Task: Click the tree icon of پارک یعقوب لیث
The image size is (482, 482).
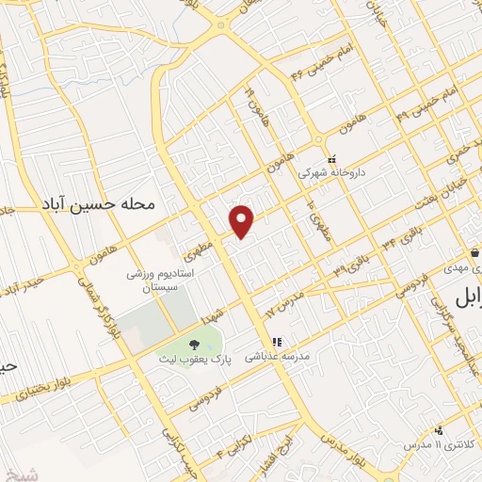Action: pyautogui.click(x=195, y=345)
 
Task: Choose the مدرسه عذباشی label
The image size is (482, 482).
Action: pyautogui.click(x=277, y=358)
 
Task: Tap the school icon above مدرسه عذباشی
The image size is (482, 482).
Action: pyautogui.click(x=277, y=343)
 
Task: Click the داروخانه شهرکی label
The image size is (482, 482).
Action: pyautogui.click(x=329, y=173)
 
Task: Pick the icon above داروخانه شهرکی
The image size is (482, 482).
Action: pyautogui.click(x=330, y=159)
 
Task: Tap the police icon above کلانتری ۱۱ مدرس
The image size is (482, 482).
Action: pyautogui.click(x=437, y=428)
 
